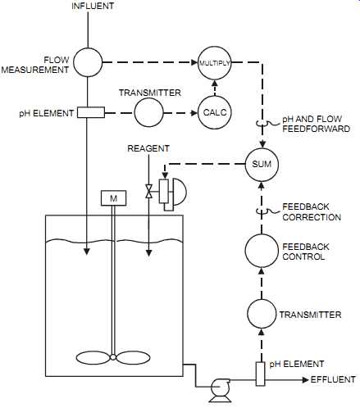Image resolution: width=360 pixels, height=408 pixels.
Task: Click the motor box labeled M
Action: coord(114,198)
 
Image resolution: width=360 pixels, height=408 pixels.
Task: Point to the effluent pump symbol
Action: coord(221,390)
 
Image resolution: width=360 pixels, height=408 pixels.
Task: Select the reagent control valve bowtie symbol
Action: coord(148,192)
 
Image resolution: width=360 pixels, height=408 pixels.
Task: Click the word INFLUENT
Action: coord(93,6)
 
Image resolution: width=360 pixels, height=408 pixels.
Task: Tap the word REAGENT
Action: coord(148,148)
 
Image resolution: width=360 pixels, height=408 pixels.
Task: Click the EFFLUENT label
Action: coord(333,379)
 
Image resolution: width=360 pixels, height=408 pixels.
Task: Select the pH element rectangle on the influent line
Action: coord(91,112)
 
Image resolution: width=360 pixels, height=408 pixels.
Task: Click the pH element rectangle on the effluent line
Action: coord(261,374)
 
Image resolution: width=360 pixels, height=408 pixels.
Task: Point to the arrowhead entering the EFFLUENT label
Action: coord(306,379)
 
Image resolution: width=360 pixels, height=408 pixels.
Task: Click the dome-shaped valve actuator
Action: coord(180,192)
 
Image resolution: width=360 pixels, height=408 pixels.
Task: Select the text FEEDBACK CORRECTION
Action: coord(312,212)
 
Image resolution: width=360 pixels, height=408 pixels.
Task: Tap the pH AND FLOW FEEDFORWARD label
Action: coord(316,124)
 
